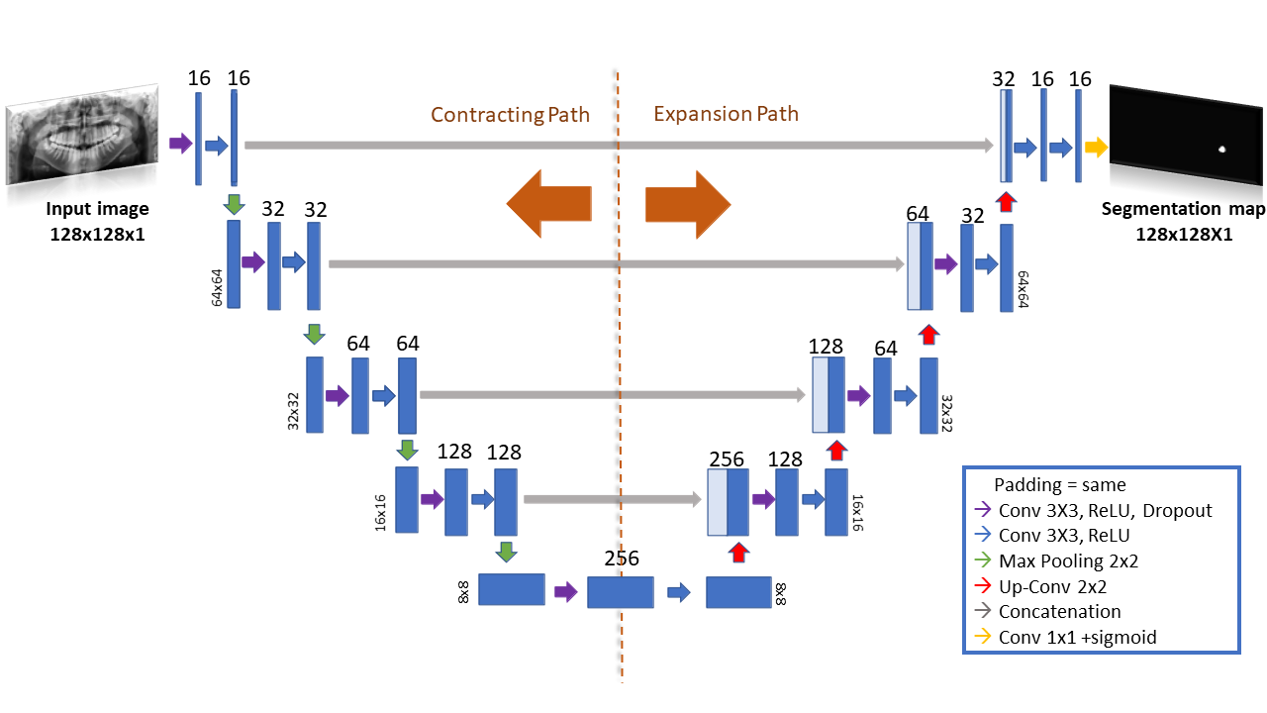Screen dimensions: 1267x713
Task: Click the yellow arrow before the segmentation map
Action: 1096,148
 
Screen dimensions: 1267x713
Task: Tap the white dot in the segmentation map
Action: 1221,150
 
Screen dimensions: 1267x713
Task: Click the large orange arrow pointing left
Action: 549,204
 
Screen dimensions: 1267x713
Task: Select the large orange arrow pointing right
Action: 688,204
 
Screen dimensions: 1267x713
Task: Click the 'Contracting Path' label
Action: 510,115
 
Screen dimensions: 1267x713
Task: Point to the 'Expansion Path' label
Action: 727,114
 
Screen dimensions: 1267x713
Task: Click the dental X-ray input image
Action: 82,135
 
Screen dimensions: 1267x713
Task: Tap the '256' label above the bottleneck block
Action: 621,559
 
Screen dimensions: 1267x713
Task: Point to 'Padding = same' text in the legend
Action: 1059,485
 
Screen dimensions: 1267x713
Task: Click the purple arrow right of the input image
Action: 181,144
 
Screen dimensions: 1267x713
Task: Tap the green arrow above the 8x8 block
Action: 506,552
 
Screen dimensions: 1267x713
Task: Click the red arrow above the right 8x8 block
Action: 738,553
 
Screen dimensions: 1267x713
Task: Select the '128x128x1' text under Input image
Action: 97,235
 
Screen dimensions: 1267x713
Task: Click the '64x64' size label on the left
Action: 217,287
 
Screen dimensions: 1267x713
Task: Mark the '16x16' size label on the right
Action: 857,513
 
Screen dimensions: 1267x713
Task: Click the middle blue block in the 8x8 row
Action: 621,592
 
